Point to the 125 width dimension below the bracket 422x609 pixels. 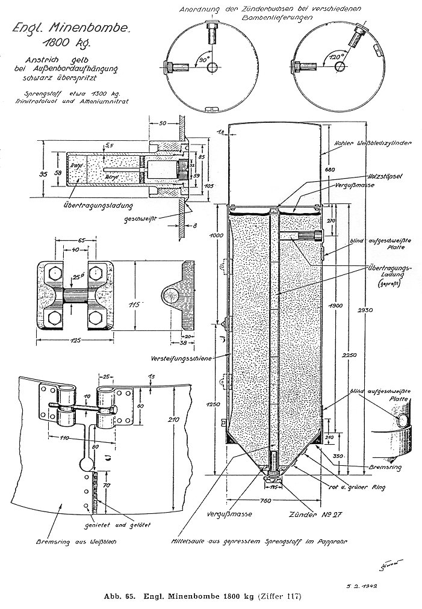pos(74,340)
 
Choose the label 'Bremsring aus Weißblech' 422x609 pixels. pos(88,541)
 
